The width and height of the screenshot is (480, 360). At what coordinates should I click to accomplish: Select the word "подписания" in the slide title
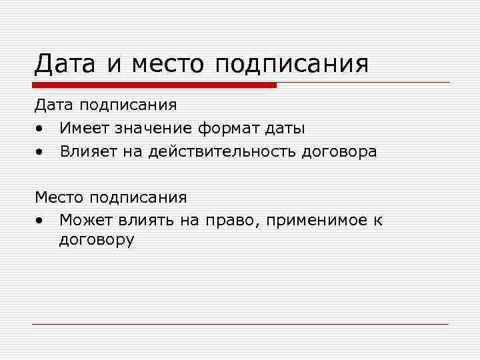coord(291,65)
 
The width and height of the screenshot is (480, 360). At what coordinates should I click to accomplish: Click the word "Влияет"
coord(86,151)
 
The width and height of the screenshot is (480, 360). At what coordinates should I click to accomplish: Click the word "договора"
coord(339,151)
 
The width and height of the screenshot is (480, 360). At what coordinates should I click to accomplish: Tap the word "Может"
coord(85,220)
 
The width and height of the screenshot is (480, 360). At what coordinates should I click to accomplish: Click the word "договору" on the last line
coord(97,240)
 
